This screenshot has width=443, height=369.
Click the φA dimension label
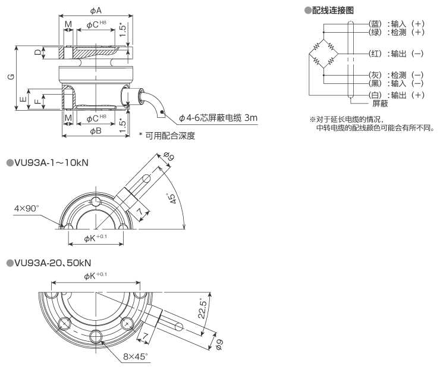tap(96, 11)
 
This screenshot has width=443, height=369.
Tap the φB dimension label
tap(96, 131)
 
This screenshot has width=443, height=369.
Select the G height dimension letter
tap(11, 77)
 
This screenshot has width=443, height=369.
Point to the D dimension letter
tap(37, 52)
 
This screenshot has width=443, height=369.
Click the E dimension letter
tap(23, 99)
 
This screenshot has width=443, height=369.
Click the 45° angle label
tap(171, 199)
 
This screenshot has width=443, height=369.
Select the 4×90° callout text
tap(26, 209)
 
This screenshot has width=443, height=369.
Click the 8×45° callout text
tap(136, 357)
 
